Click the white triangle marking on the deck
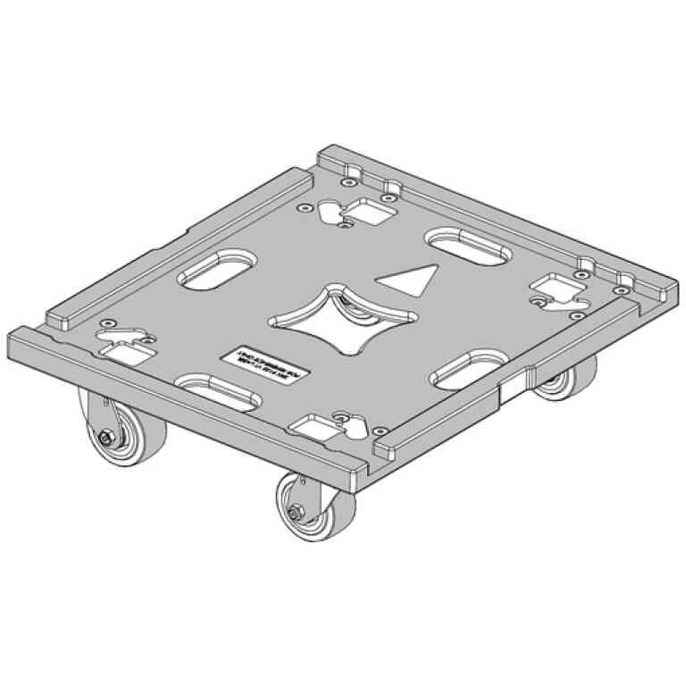408,279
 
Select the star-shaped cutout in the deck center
339,318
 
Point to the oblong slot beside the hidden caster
466,368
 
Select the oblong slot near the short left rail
216,267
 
